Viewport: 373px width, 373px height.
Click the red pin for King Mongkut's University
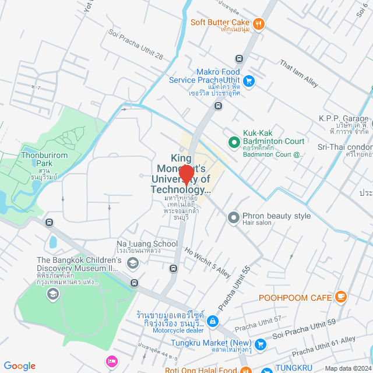click(x=186, y=174)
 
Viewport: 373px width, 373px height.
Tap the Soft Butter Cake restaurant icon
click(x=259, y=24)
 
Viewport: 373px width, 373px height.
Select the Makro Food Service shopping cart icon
click(x=249, y=81)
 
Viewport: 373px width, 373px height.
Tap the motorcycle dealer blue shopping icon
click(x=213, y=321)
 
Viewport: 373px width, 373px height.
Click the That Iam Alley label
click(x=299, y=73)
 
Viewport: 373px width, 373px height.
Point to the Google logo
click(x=19, y=365)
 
